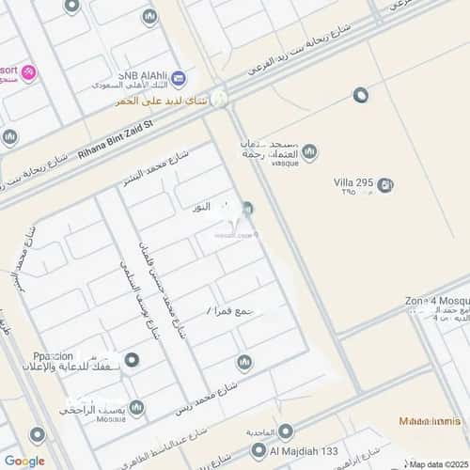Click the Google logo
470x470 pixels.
(x=24, y=461)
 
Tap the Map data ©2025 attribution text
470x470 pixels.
(x=436, y=463)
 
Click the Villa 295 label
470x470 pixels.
(x=355, y=182)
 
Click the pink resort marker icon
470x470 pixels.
(x=28, y=72)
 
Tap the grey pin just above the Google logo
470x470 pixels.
(x=37, y=435)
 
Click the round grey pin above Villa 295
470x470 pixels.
(x=360, y=95)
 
